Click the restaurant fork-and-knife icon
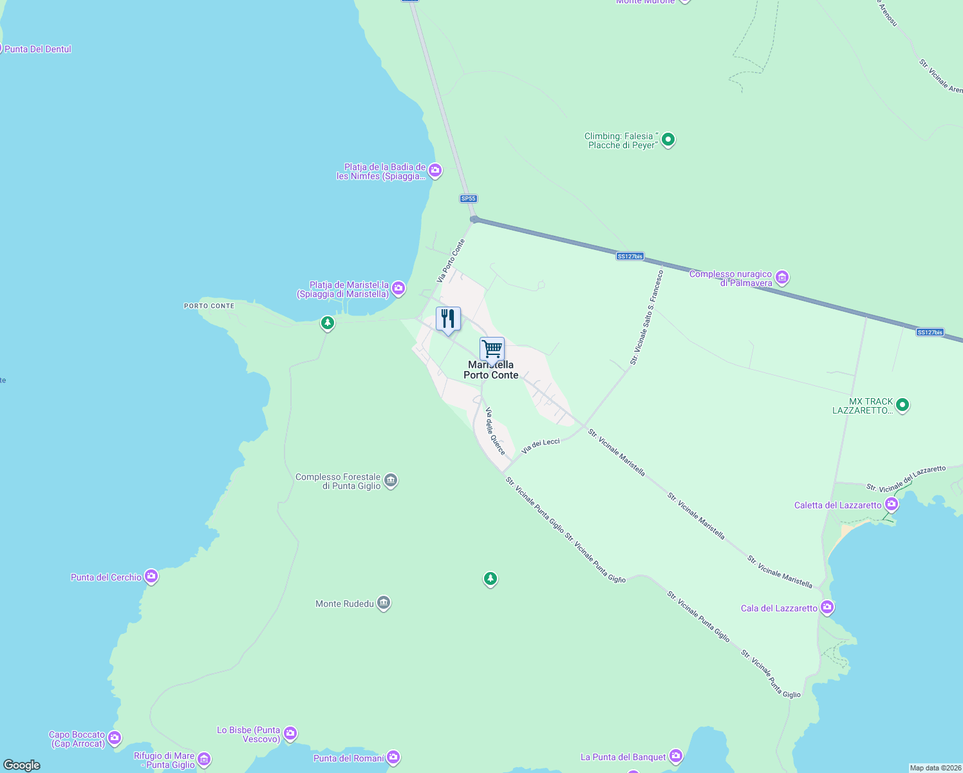coord(448,319)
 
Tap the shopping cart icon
coord(492,349)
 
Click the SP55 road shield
coord(469,198)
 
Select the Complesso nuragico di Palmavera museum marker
coord(782,278)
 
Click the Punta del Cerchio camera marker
coord(151,577)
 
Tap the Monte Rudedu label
coord(344,604)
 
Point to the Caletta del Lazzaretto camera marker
coord(892,504)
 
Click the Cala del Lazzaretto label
coord(779,608)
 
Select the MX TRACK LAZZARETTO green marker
coord(902,405)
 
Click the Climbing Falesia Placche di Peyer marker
coord(668,139)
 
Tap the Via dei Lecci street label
coord(541,445)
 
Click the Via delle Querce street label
coord(495,432)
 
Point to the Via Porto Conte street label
coord(451,261)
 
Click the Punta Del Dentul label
coord(38,49)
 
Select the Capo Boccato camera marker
coord(115,738)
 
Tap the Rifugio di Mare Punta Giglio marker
coord(204,760)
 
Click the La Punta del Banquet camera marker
coord(675,756)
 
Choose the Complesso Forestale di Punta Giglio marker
coord(391,481)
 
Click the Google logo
coord(22,765)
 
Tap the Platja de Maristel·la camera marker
coord(398,288)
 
